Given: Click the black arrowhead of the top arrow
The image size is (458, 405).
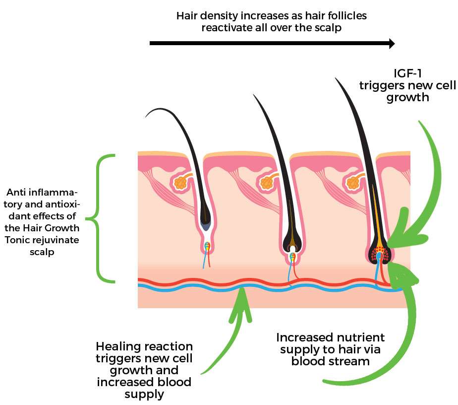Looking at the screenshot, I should point(391,44).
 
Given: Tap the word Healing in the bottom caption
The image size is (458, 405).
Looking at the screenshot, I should point(116,346).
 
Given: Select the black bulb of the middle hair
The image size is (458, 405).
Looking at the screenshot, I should point(292,243).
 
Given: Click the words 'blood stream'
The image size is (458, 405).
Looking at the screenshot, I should point(330,361).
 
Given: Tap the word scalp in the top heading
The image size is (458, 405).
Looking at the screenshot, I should point(328,28).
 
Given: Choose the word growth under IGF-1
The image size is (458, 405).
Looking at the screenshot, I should point(407,97).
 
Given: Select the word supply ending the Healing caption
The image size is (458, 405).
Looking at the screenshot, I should point(144,394).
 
